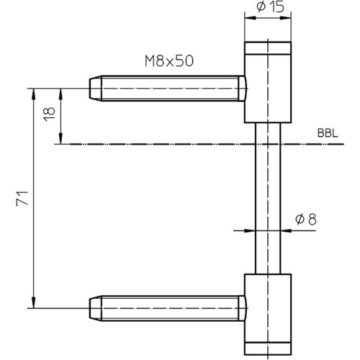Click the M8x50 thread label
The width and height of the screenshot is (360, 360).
pos(169,61)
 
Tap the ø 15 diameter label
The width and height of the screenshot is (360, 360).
pos(271,6)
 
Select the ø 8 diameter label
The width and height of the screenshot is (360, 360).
pos(306,219)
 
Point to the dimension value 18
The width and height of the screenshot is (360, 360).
pos(50,114)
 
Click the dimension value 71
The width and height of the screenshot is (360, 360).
pos(22,198)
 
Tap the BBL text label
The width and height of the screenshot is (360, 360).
pos(328,133)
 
